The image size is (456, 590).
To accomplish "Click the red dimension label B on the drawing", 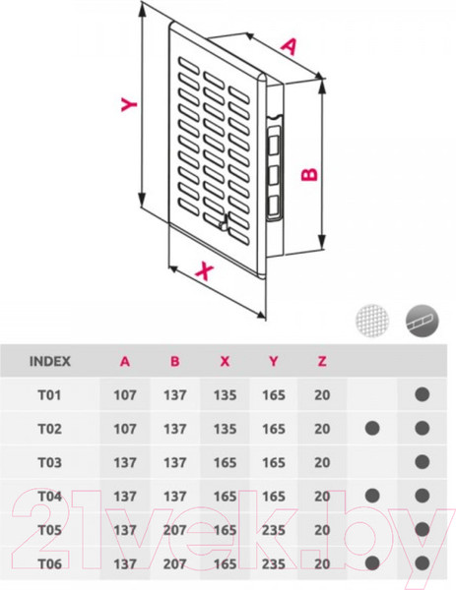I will coord(309,174).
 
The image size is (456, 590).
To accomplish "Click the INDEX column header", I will coord(50,361).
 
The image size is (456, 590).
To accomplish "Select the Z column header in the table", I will coord(321,361).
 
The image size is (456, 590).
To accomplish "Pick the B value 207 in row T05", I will coord(174,530).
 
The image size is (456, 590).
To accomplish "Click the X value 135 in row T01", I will coord(224,395).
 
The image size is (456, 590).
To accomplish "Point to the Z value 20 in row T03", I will coord(321,463).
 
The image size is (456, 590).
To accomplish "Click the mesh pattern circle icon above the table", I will coord(371,321).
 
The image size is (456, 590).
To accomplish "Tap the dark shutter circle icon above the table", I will coord(422,321).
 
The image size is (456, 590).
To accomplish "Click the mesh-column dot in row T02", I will coord(372,430).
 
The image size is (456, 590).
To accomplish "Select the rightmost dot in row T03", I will coord(422,463).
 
